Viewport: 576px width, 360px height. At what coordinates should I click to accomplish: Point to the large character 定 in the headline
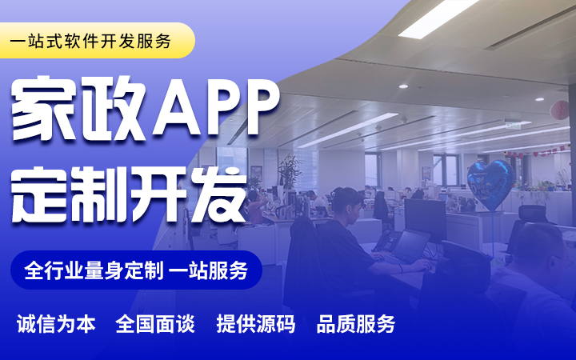pos(41,194)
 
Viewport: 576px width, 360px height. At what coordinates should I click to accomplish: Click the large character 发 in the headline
pos(217,194)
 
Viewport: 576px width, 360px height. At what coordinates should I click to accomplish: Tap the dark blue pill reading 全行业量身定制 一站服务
pos(136,270)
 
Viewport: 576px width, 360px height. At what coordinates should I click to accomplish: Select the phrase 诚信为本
pos(56,324)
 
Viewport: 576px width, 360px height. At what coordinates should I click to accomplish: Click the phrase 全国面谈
pos(155,324)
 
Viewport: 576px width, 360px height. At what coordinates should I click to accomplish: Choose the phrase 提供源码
pos(256,324)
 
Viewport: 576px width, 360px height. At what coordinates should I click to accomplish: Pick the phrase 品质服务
pos(355,324)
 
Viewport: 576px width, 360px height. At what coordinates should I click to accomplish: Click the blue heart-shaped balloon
pos(491,185)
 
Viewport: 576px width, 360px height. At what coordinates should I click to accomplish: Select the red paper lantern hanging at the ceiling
pos(559,110)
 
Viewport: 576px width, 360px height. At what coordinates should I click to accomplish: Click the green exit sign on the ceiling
pos(513,125)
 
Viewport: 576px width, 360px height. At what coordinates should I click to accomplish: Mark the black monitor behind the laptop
pos(426,221)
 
